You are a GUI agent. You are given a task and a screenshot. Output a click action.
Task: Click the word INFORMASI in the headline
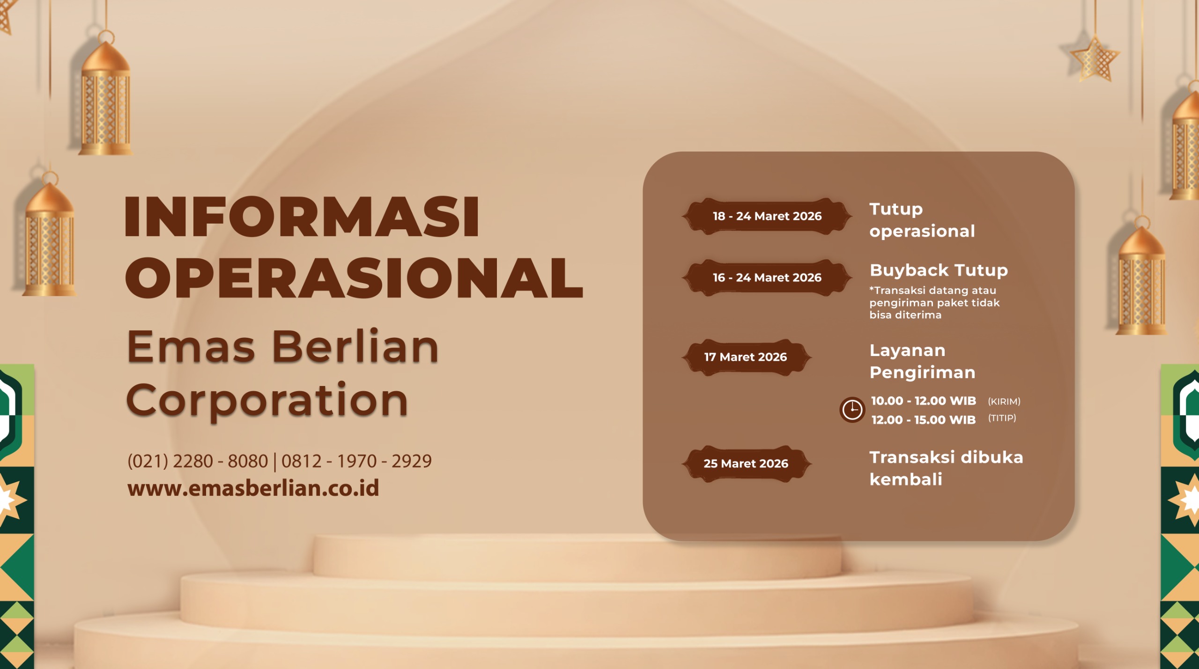(302, 216)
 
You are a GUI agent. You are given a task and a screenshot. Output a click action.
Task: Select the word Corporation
(267, 400)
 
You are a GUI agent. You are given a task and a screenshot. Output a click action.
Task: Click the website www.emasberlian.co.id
(253, 488)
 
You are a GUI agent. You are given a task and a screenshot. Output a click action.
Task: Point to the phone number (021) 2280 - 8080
(198, 461)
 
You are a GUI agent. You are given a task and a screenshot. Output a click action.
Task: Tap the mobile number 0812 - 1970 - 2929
(356, 461)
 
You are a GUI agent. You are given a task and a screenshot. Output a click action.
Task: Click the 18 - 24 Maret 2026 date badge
(767, 216)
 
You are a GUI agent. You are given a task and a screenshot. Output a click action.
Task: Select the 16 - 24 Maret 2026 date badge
(767, 277)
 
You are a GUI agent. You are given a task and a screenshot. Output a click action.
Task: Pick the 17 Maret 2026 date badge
(746, 357)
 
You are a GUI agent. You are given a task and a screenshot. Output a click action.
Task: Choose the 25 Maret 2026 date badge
(746, 464)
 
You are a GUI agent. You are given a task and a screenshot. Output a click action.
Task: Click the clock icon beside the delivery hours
(852, 410)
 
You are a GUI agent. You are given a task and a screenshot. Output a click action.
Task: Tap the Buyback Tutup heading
(939, 270)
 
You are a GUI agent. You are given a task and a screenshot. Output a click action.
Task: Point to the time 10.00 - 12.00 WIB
(924, 401)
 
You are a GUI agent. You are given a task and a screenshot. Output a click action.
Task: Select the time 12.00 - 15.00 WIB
(924, 420)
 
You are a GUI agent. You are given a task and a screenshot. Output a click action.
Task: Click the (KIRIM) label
(1004, 401)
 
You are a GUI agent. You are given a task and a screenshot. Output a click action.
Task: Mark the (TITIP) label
(1002, 418)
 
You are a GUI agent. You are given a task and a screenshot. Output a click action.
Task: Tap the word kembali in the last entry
(906, 480)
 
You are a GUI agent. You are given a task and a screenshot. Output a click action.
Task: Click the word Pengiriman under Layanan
(922, 373)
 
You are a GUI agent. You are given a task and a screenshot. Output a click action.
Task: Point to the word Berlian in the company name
(355, 347)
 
